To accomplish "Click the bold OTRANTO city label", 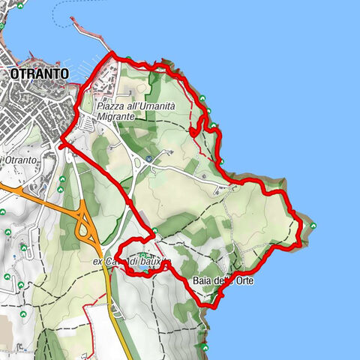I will [40, 73].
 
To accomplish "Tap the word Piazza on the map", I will [111, 107].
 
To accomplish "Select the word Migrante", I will [115, 118].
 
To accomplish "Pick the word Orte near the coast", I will [244, 281].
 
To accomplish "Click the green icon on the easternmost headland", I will [313, 225].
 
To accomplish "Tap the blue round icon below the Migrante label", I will [149, 159].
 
